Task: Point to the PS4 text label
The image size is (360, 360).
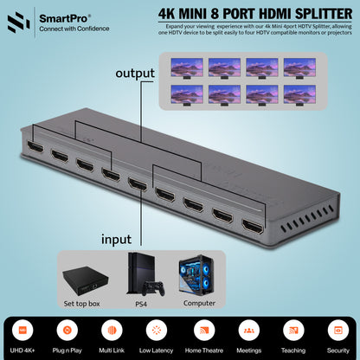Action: [139, 303]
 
